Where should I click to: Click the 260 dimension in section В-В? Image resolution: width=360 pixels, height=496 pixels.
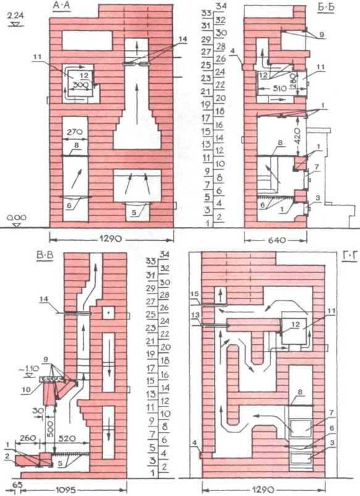tap(29, 438)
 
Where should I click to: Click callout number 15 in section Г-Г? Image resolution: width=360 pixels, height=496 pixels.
tap(195, 294)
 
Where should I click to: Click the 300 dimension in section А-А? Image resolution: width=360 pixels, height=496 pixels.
tap(80, 85)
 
